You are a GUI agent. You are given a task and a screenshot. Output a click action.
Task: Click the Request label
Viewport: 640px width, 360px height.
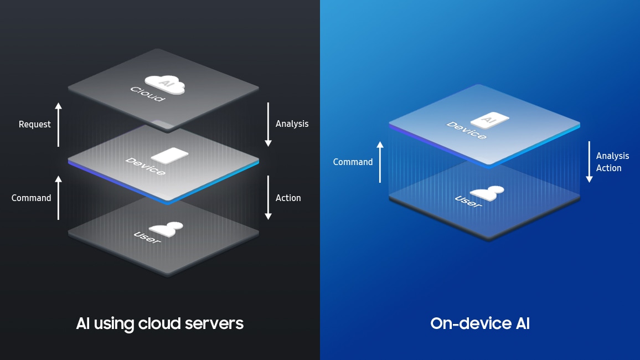[34, 125]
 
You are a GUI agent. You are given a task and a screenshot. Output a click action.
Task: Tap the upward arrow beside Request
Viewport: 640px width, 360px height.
[58, 125]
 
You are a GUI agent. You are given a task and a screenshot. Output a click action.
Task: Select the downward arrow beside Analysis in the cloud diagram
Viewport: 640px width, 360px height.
[268, 125]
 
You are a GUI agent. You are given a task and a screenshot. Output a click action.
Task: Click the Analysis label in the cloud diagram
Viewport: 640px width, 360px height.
[292, 124]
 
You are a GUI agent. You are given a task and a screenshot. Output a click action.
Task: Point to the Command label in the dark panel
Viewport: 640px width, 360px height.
[31, 198]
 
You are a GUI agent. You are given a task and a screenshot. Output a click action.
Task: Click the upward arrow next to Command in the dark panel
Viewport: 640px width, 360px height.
[58, 198]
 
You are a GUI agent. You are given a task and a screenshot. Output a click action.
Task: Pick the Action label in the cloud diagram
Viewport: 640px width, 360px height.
[288, 198]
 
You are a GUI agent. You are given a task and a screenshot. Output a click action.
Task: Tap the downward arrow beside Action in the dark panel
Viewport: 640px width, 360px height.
[268, 198]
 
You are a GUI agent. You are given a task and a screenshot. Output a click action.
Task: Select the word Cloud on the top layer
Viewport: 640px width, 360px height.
[147, 94]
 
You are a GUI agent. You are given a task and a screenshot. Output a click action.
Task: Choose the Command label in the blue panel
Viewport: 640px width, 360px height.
[353, 162]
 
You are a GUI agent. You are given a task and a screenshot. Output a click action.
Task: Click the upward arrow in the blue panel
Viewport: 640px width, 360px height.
[380, 162]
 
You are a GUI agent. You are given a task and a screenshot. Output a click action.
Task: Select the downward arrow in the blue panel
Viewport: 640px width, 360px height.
[589, 162]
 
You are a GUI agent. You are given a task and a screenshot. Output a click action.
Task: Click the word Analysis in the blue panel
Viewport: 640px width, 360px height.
[612, 156]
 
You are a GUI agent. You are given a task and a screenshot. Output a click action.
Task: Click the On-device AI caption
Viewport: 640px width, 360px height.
[479, 323]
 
